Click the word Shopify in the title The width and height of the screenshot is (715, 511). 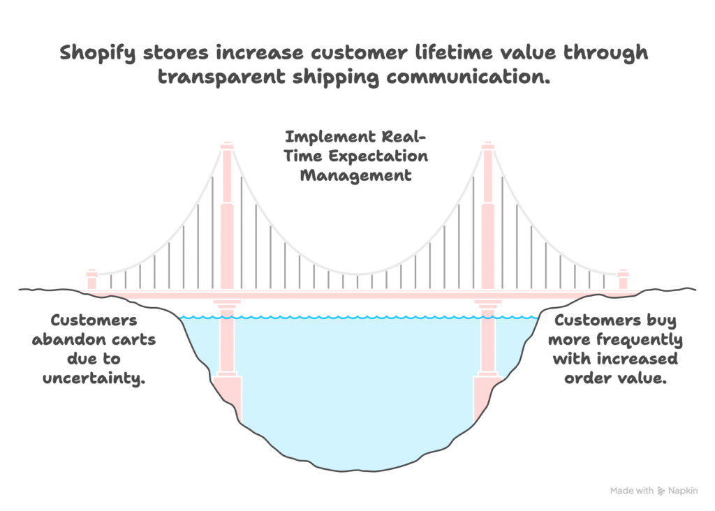click(98, 53)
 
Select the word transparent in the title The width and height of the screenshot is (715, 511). click(221, 77)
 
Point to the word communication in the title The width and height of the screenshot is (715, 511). click(469, 76)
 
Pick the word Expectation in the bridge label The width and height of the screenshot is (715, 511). click(378, 156)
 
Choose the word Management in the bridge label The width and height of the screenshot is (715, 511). click(355, 176)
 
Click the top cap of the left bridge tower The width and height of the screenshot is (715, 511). click(227, 146)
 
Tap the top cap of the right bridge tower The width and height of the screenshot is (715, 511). click(488, 146)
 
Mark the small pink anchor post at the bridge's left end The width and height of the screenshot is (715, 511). click(91, 279)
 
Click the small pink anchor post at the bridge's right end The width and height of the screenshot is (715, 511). click(624, 279)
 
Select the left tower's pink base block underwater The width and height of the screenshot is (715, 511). click(228, 396)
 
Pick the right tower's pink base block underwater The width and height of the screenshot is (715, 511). click(487, 396)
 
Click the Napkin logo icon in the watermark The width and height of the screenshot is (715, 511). click(661, 491)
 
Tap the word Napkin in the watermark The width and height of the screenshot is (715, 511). click(683, 491)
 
